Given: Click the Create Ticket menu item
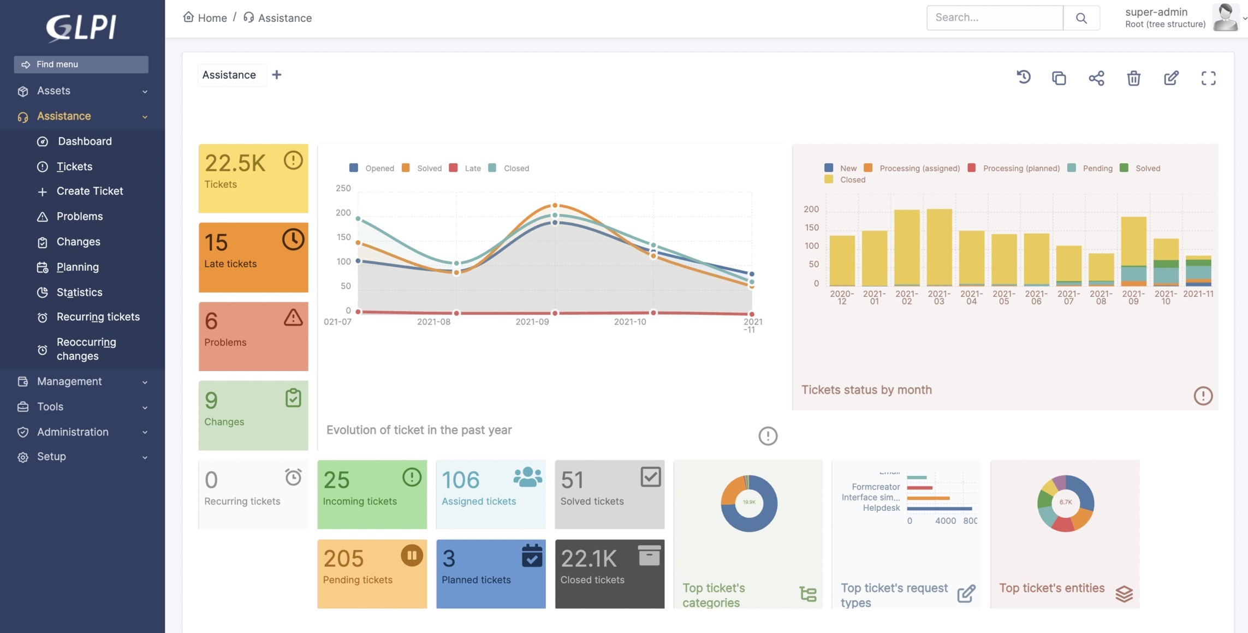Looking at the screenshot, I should coord(90,191).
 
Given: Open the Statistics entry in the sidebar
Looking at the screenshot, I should coord(79,292).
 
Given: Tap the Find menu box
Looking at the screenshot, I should coord(81,64).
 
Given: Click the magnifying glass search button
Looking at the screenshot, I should coord(1081,18).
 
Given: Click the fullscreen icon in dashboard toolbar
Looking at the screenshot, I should coord(1208,78).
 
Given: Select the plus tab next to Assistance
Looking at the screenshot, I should coord(277,75).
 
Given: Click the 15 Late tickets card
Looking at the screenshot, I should coord(253,257).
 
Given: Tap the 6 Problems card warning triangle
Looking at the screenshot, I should coord(293,318).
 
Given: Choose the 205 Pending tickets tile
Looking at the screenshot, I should coord(372,574).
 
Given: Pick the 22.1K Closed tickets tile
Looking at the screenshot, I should coord(609,574).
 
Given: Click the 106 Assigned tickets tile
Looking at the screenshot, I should coord(490,494).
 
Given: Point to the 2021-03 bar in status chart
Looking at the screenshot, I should coord(939,247).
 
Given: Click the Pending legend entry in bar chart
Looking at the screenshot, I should coord(1097,168).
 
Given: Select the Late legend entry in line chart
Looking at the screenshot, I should coord(472,168).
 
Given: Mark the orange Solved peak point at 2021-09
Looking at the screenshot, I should coord(555,206).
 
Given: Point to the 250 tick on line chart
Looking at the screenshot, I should coord(343,188).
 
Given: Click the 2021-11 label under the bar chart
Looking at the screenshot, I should coord(1198,294).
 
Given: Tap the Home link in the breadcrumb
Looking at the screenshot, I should coord(212,18).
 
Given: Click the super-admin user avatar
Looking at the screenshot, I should coord(1225,17).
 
